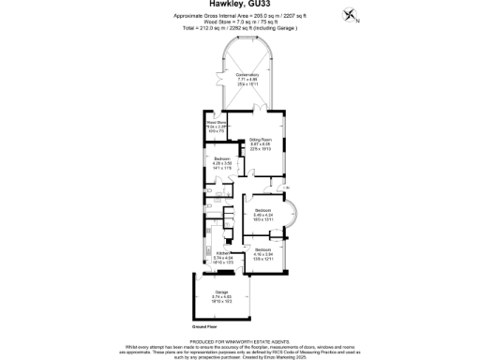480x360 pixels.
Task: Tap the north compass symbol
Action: [351, 15]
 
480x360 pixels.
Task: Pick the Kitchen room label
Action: [223, 253]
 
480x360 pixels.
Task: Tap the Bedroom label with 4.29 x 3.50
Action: [223, 159]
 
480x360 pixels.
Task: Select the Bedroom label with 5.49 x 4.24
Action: [262, 210]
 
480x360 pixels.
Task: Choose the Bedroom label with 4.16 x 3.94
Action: [262, 249]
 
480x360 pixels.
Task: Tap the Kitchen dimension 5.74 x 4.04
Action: [223, 258]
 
